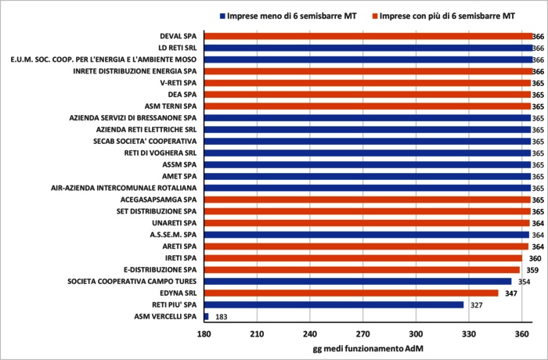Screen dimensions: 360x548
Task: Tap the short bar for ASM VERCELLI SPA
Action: coord(206,316)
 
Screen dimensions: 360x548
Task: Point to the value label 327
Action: coord(475,304)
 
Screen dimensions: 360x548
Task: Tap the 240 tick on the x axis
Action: coord(309,333)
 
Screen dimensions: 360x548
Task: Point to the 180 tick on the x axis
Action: coord(204,333)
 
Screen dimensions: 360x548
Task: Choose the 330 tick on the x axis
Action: coord(468,333)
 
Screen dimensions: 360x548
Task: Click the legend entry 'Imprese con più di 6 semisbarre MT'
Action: coord(447,15)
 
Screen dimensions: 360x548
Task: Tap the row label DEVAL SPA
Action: coord(178,36)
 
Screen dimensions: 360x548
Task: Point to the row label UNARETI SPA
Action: coord(174,223)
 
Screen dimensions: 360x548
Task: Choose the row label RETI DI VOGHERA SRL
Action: coord(160,153)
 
